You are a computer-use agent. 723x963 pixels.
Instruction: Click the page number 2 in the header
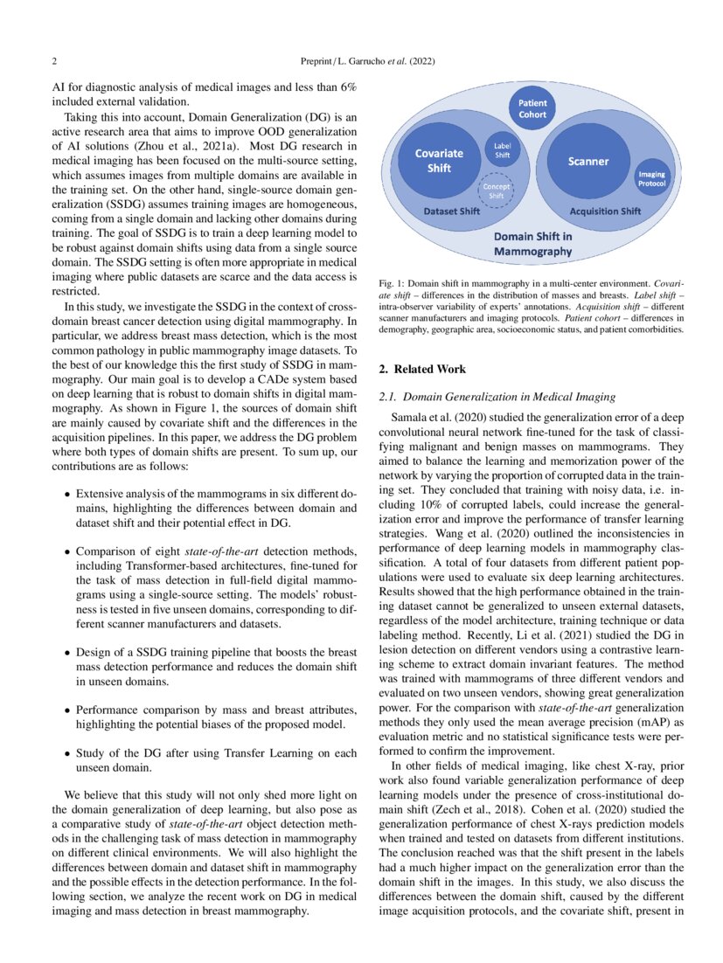pos(54,62)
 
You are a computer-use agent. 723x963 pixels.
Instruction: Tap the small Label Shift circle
pos(503,150)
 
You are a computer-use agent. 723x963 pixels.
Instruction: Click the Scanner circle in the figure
pos(587,162)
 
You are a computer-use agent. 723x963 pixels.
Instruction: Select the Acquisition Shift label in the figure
pos(604,211)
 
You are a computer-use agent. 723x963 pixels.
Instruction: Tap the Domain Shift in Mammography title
pos(532,243)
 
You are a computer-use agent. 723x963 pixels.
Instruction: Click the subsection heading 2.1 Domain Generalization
pos(498,398)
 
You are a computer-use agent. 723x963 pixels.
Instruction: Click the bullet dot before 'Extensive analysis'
pos(68,494)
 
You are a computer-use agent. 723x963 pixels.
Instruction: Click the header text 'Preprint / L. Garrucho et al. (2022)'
pos(361,62)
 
